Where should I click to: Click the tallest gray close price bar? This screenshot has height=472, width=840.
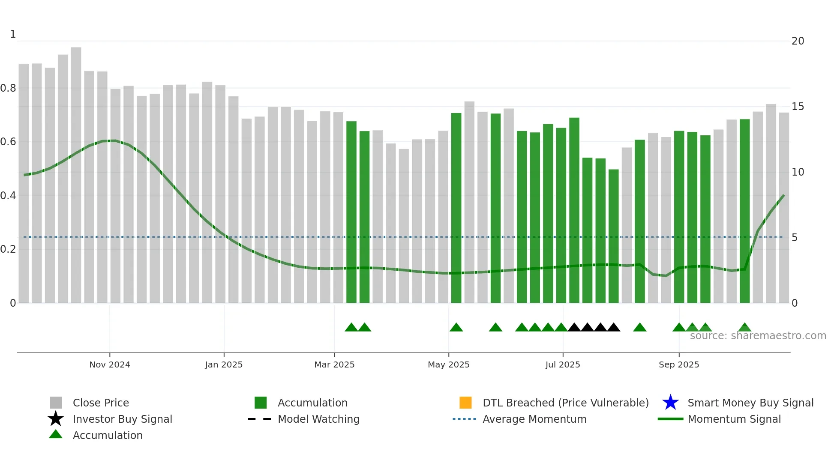click(76, 171)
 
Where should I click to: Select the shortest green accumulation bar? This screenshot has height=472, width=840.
click(613, 236)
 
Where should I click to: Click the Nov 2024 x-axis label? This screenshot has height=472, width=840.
click(110, 364)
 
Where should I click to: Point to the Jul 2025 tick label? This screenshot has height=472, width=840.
click(563, 364)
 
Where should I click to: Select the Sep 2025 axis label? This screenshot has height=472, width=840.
click(679, 364)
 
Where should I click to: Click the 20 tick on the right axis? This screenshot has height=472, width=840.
click(798, 41)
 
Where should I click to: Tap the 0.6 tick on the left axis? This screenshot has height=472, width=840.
click(9, 142)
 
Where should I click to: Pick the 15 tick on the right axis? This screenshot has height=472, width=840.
click(798, 107)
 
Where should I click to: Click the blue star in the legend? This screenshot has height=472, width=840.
click(670, 403)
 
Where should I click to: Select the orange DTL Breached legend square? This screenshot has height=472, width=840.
click(465, 403)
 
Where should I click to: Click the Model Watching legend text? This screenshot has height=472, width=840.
click(318, 419)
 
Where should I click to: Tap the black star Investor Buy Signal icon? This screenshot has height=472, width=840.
click(56, 419)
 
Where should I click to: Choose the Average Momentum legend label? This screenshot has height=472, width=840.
click(534, 419)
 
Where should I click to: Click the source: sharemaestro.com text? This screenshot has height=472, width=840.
click(758, 336)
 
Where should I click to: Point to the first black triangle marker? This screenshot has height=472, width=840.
click(574, 328)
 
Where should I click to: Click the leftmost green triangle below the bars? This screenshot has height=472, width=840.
click(351, 328)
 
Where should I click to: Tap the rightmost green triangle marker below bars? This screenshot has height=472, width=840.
click(744, 328)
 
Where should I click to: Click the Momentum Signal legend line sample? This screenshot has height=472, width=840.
click(670, 419)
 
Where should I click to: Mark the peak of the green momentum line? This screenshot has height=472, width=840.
click(110, 140)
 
